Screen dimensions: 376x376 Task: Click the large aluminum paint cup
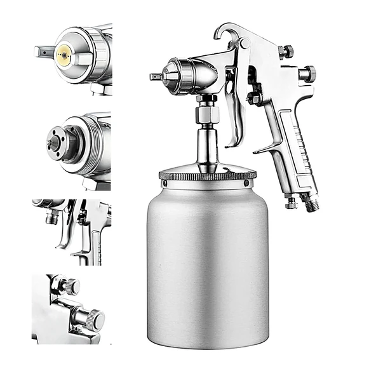tap(207, 267)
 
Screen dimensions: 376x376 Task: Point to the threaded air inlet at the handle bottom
tap(309, 203)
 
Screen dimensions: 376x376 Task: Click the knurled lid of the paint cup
tap(207, 175)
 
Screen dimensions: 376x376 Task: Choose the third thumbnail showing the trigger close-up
tap(72, 232)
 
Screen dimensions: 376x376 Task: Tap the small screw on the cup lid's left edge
tap(164, 184)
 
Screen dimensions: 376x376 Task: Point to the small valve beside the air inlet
tap(291, 203)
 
